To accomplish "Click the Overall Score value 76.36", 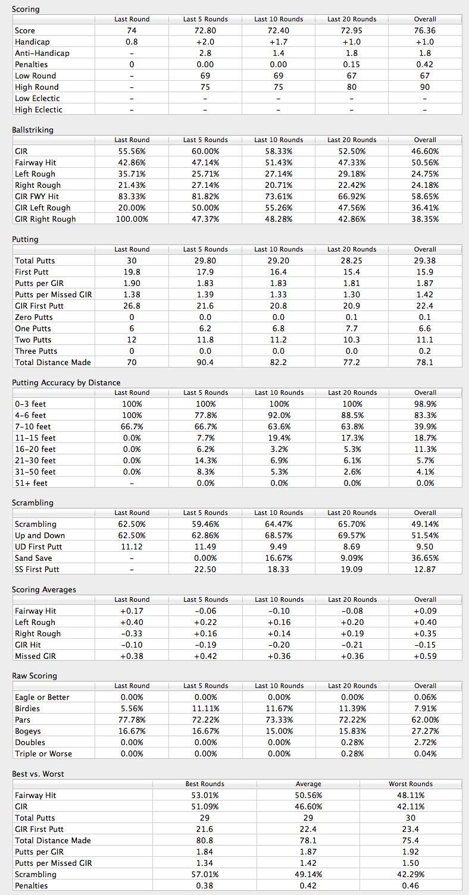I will (425, 30).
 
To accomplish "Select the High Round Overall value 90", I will (425, 87).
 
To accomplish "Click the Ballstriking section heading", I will (32, 130).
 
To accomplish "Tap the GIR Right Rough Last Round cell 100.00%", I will (132, 219).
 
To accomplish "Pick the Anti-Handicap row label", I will (42, 53).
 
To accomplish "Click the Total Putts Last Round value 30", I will (132, 260).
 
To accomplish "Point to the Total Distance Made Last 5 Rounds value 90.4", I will (205, 362).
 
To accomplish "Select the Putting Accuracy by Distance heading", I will (66, 382).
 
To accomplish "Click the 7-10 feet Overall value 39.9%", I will (425, 426).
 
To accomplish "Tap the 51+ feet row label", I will (31, 483).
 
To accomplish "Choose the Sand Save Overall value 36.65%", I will (425, 558).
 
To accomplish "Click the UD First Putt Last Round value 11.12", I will (132, 547).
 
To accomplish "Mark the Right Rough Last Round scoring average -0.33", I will (132, 633).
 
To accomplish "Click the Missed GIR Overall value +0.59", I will (425, 656).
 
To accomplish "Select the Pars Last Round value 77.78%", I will (132, 720).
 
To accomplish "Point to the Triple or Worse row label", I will (43, 753).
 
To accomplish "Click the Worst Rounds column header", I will (411, 784).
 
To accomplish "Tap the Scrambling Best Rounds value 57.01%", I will (205, 874).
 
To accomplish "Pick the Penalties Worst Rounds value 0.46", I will (411, 885).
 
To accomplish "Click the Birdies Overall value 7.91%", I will (425, 708).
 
